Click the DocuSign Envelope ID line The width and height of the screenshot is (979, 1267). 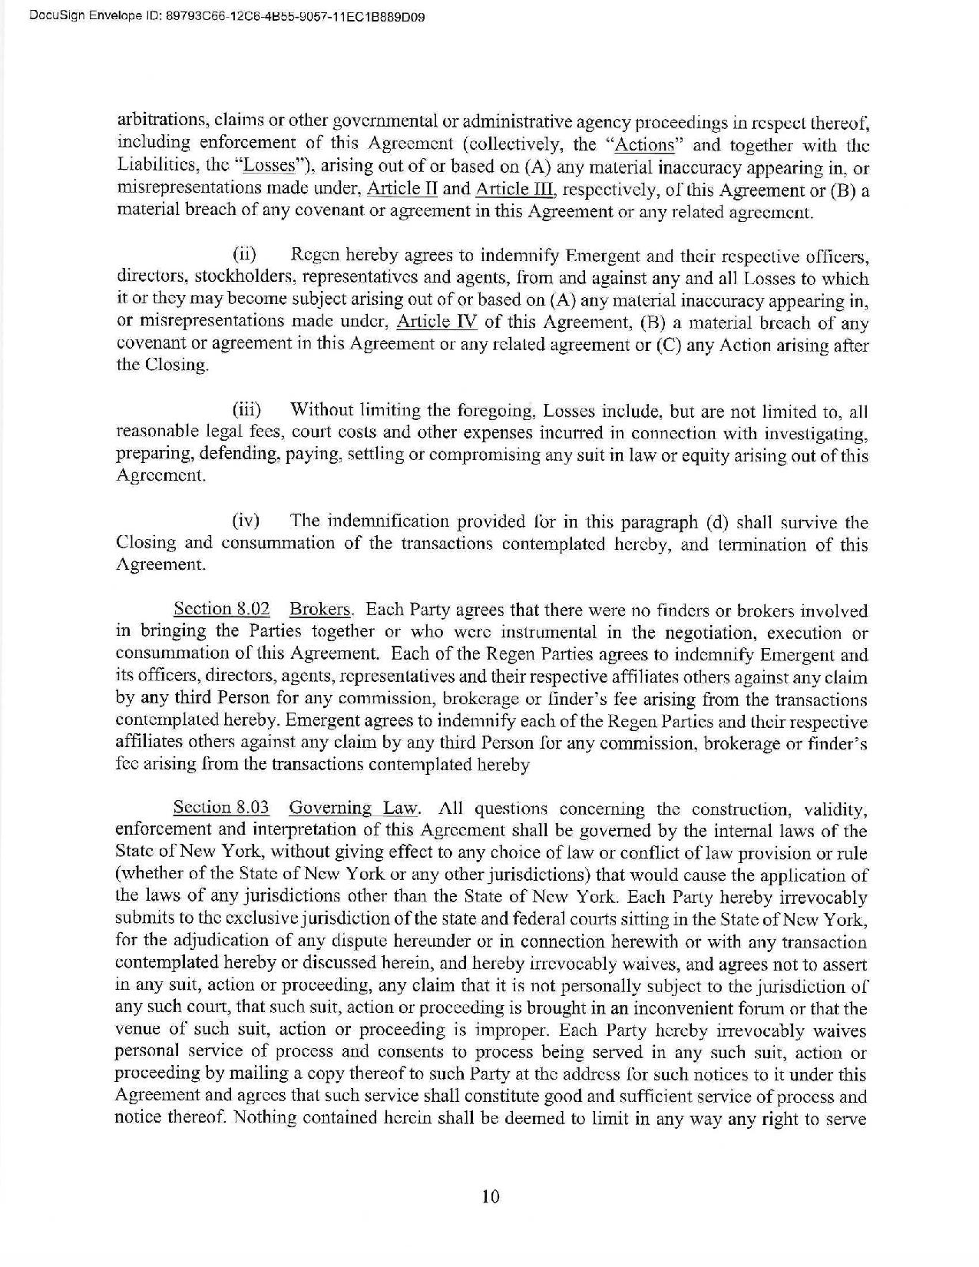pyautogui.click(x=216, y=15)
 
